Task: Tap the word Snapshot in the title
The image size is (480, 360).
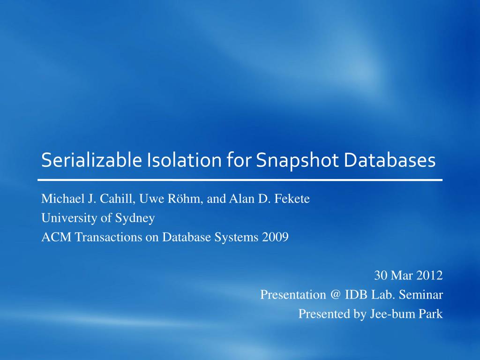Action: (297, 160)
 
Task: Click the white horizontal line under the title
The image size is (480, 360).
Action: (240, 180)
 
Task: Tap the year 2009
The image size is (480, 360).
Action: (276, 237)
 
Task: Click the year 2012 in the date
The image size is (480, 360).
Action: (430, 276)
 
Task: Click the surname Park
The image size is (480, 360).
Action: (431, 314)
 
